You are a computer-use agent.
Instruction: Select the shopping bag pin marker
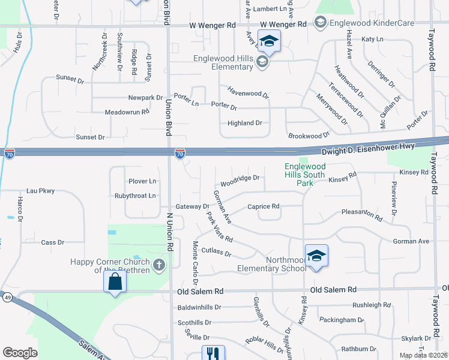[115, 282]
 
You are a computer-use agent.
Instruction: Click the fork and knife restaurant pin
[212, 353]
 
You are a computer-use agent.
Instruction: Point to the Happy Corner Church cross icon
[158, 265]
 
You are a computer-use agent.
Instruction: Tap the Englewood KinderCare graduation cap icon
[321, 23]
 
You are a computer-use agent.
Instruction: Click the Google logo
[20, 353]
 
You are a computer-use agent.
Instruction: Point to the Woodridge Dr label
[240, 178]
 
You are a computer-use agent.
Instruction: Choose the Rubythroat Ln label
[135, 196]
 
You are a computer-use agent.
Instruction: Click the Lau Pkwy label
[40, 191]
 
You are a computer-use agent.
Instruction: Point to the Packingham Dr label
[342, 320]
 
